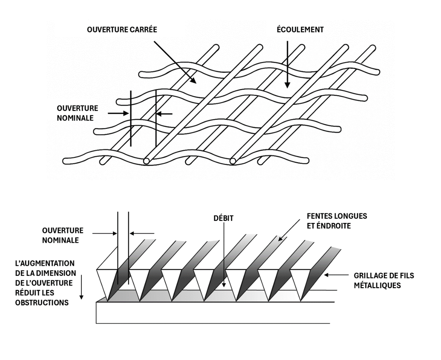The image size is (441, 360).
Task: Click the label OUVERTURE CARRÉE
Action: point(122,30)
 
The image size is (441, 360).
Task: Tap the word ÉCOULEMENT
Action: point(300,30)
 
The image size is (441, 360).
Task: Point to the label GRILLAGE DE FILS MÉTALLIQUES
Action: point(384,280)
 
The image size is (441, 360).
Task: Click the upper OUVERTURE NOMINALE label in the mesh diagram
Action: point(77,113)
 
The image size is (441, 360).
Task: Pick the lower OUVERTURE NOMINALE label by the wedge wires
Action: point(63,235)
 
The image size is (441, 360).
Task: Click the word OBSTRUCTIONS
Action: point(42,302)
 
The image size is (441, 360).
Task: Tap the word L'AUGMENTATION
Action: point(45,263)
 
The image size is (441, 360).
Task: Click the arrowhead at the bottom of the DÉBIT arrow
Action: point(224,284)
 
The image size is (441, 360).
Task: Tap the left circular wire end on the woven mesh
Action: point(147,161)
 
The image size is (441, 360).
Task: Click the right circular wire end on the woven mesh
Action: point(233,161)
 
